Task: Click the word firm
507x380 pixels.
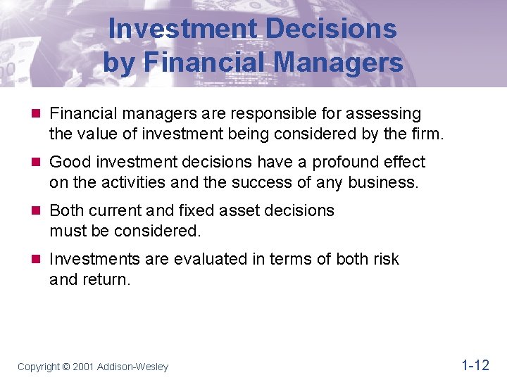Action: pos(426,134)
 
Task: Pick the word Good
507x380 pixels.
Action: pos(70,162)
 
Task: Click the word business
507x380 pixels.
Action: pos(387,183)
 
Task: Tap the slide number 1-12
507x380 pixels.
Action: pos(475,365)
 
